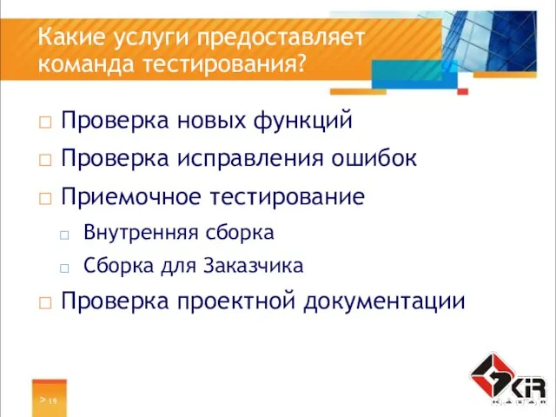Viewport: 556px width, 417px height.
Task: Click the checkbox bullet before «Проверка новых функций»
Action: coord(44,122)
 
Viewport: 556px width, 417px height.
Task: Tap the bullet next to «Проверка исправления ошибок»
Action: coord(44,160)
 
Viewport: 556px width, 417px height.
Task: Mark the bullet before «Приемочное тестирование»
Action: coord(44,198)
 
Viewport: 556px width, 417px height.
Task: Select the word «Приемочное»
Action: coord(130,197)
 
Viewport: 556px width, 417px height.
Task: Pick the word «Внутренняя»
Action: coord(137,233)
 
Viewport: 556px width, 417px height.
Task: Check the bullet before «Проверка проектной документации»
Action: coord(44,302)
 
